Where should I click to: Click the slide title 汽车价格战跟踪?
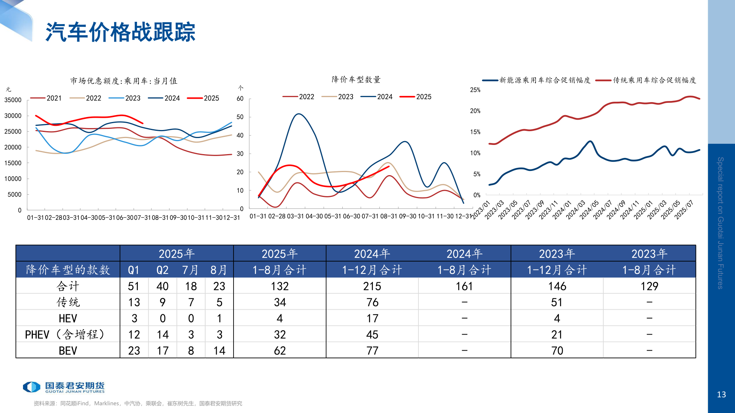click(120, 32)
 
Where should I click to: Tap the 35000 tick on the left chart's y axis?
click(13, 100)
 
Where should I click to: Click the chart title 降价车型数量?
click(356, 80)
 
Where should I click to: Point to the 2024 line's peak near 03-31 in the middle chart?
click(299, 114)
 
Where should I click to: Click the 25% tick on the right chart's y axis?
click(475, 90)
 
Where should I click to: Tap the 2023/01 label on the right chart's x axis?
click(481, 210)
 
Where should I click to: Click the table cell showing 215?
click(372, 286)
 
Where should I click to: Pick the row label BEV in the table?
click(68, 351)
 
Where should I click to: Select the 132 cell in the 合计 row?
click(280, 286)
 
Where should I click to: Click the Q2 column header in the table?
click(162, 270)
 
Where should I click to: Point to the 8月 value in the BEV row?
click(219, 351)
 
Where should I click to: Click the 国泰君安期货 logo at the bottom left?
click(64, 387)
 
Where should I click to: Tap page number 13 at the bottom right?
click(721, 394)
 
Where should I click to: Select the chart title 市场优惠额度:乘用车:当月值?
click(124, 81)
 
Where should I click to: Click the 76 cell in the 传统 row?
click(372, 302)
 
